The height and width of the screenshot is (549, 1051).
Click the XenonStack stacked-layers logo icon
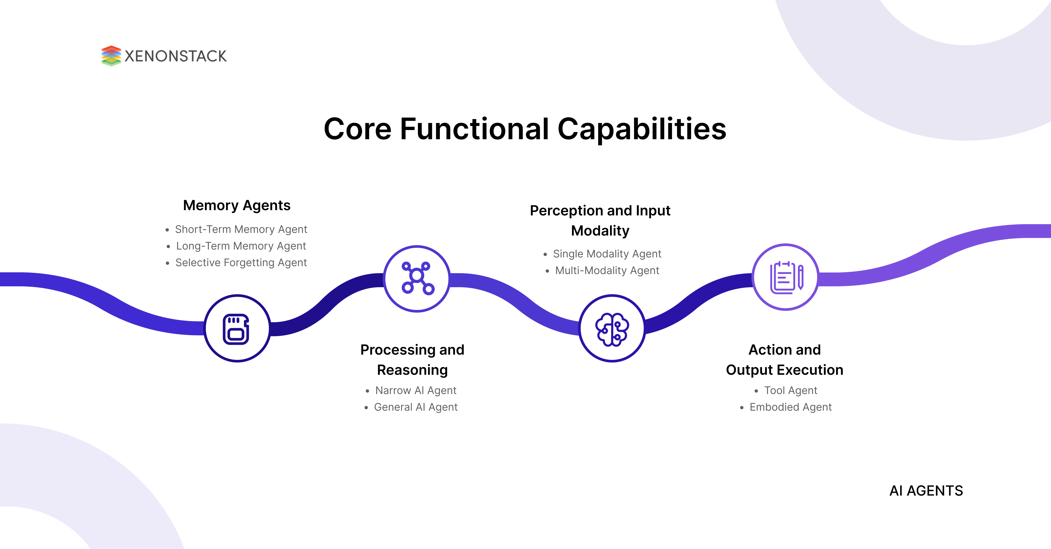click(111, 56)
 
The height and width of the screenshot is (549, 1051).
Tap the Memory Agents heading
click(237, 205)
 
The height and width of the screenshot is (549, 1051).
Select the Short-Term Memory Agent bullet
click(241, 229)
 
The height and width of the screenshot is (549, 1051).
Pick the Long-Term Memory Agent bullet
click(241, 246)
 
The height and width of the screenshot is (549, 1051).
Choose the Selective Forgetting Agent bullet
click(241, 263)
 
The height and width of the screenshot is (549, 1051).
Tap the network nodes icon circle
click(417, 279)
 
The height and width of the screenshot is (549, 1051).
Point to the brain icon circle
click(612, 328)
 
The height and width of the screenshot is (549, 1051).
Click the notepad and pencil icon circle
click(785, 277)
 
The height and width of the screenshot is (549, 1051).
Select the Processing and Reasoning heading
click(412, 360)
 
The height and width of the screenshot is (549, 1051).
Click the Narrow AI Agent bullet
click(415, 390)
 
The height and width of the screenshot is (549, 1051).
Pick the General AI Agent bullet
click(415, 407)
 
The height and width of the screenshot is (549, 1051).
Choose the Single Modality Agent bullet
click(607, 254)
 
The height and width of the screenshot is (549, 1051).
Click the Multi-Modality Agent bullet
click(607, 270)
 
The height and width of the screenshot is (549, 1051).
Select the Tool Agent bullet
click(790, 390)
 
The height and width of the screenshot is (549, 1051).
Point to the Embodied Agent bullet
click(790, 407)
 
